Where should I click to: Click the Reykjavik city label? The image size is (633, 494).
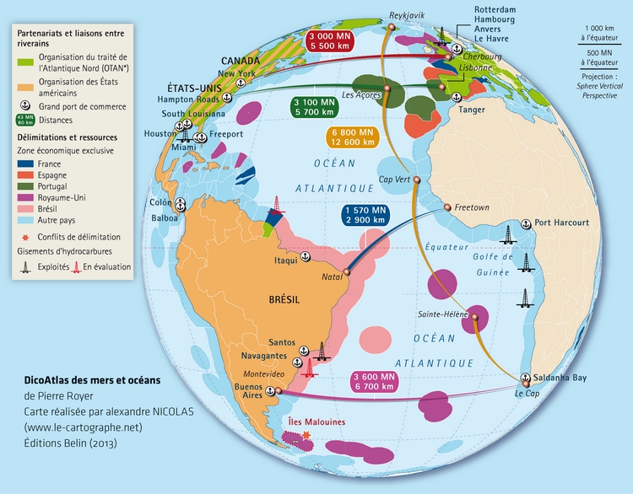coord(405,15)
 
